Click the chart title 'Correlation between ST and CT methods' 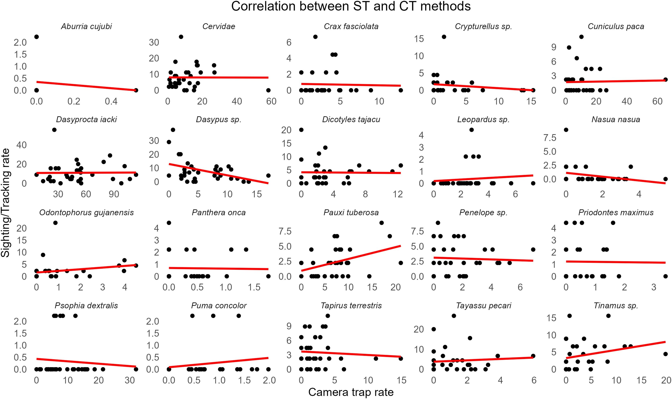click(351, 6)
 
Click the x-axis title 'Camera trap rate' click(351, 392)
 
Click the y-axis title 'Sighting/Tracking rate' click(5, 203)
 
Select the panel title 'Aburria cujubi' click(86, 26)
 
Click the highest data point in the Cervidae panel click(181, 37)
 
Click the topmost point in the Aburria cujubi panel click(37, 37)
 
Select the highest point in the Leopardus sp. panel click(471, 130)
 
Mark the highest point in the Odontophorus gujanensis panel click(56, 223)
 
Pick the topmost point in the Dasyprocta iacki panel click(54, 130)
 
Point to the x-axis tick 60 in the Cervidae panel click(271, 101)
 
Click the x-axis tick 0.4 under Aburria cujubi click(111, 101)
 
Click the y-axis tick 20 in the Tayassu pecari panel click(419, 329)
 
